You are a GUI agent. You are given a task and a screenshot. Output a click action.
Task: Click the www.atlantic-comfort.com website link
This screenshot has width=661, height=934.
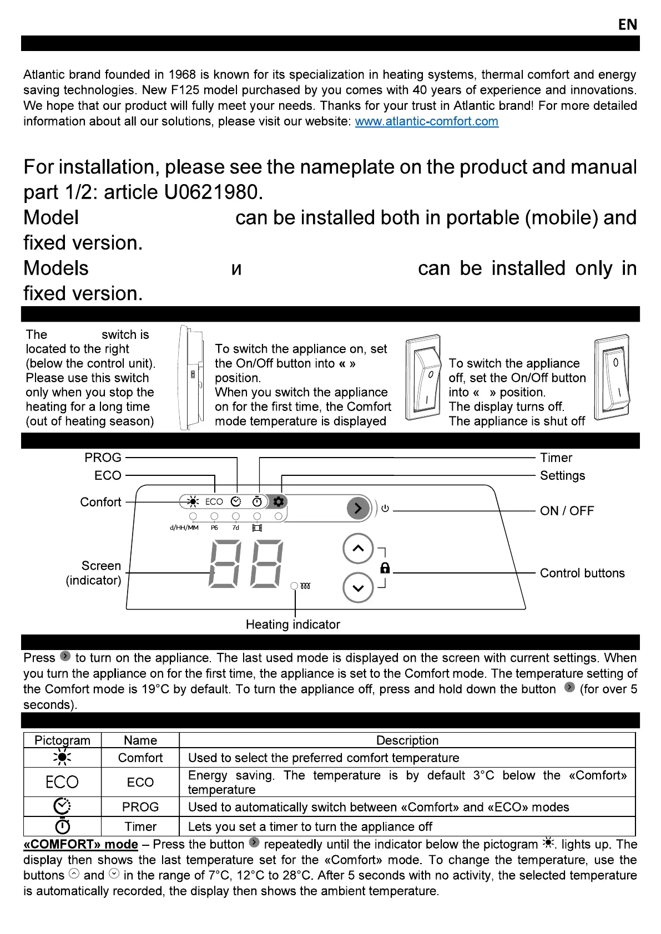[x=426, y=121]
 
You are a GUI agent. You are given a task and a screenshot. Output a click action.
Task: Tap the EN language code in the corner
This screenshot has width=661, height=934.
[x=628, y=24]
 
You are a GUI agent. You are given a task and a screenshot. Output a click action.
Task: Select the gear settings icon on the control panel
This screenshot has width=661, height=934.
[x=278, y=501]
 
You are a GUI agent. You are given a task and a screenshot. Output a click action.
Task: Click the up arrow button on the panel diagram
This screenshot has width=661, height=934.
[x=358, y=549]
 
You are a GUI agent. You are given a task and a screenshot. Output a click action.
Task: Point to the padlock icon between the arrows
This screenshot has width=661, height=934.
[x=385, y=568]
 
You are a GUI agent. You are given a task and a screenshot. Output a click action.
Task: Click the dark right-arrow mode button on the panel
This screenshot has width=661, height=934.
[x=358, y=508]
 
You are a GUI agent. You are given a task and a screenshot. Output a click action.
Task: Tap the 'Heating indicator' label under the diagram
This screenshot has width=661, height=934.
[x=292, y=625]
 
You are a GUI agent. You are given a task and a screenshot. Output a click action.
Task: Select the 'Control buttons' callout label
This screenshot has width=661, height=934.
[x=582, y=573]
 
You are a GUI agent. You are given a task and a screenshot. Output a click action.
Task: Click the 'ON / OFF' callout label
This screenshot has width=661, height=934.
[x=567, y=511]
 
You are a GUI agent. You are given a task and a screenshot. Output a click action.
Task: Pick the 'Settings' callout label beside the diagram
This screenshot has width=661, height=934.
[x=562, y=475]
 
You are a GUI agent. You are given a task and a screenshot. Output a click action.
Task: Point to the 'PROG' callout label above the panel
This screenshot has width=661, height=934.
[x=103, y=458]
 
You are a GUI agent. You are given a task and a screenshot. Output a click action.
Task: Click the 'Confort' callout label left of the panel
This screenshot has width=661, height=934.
[x=100, y=502]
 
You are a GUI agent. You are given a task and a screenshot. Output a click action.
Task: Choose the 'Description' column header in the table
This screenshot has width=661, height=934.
[x=407, y=740]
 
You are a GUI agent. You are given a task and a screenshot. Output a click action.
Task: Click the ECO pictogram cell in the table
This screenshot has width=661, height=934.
[x=62, y=782]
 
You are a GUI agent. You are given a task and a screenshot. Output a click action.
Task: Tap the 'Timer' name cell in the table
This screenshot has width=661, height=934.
[x=140, y=826]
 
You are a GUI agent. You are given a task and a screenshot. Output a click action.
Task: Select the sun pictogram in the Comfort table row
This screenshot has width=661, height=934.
[x=62, y=758]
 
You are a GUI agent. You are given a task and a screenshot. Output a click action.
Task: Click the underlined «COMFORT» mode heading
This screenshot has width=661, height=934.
[x=80, y=844]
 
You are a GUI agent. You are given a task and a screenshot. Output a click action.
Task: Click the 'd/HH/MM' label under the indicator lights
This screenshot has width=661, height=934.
[x=184, y=527]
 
